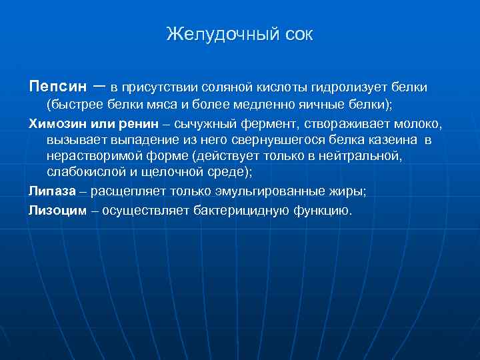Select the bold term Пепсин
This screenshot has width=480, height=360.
58,87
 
